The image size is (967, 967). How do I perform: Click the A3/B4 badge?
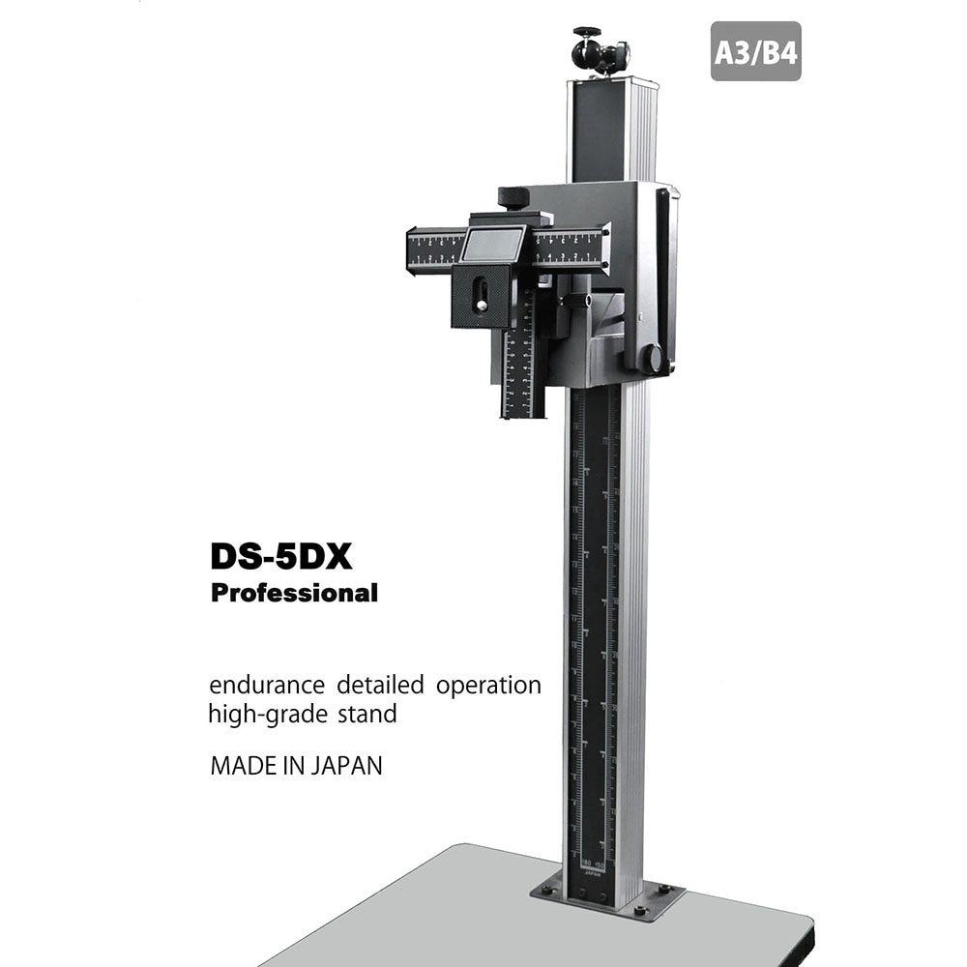755,51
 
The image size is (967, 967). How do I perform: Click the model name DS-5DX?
280,558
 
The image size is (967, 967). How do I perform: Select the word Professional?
294,593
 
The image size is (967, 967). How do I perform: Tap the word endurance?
268,686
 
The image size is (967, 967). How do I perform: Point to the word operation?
488,688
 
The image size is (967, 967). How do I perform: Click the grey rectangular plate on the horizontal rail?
493,244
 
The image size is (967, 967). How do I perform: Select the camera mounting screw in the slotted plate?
481,287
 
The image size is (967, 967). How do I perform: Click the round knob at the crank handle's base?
655,359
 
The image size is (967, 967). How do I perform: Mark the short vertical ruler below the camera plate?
522,372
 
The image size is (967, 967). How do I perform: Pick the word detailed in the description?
380,686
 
